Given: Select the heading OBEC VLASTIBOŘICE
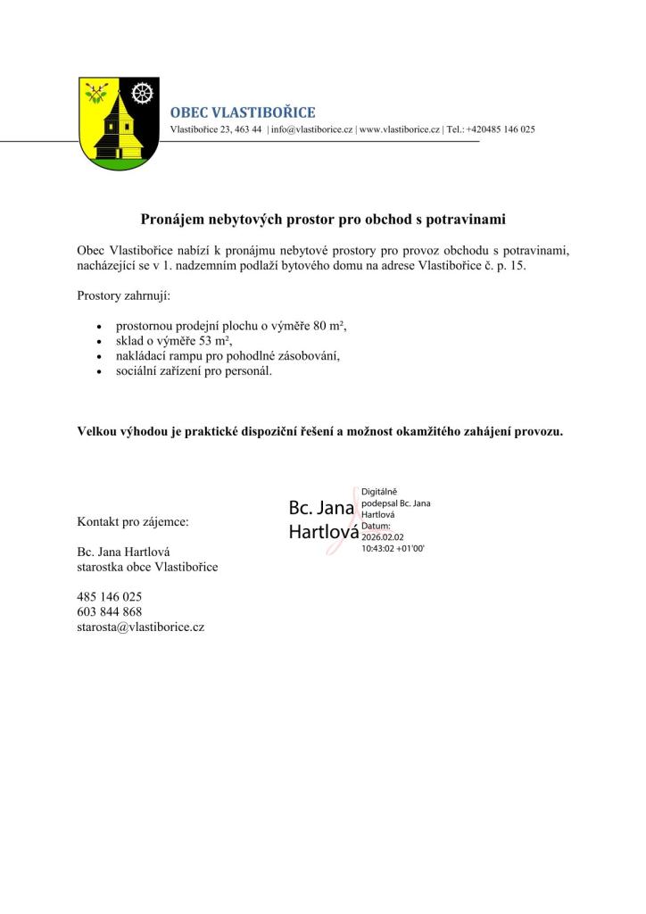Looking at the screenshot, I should click(x=242, y=112).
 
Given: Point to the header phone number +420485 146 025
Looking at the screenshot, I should click(x=501, y=129).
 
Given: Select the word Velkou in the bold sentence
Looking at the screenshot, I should click(x=97, y=431).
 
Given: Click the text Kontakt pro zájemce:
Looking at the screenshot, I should click(x=133, y=520).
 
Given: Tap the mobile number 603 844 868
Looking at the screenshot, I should click(x=110, y=611).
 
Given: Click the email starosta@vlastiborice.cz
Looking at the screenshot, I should click(x=141, y=627).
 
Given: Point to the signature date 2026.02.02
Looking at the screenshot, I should click(x=384, y=537).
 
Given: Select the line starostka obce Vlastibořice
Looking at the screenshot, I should click(x=147, y=566).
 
